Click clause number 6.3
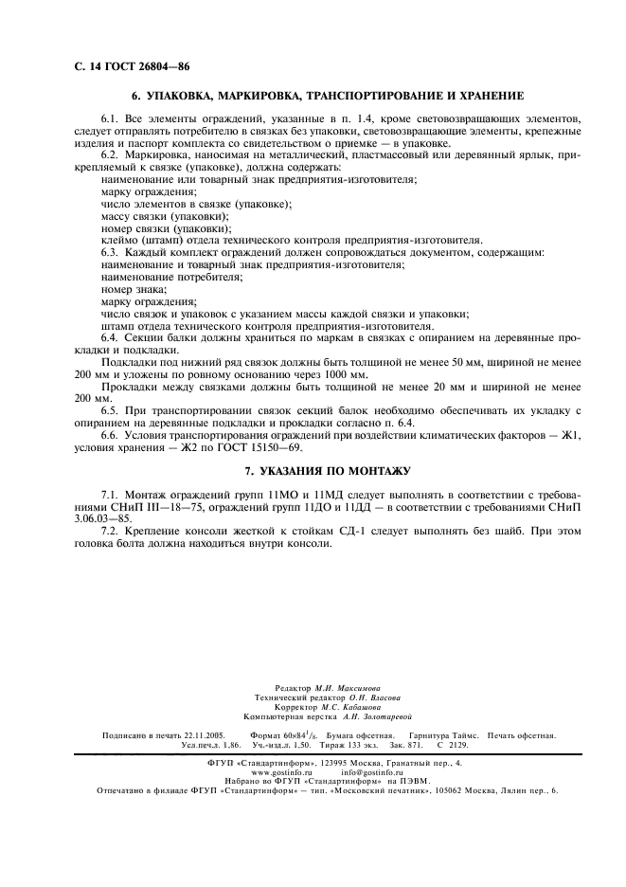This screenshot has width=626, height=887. (x=110, y=252)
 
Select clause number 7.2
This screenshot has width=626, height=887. (x=110, y=531)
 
